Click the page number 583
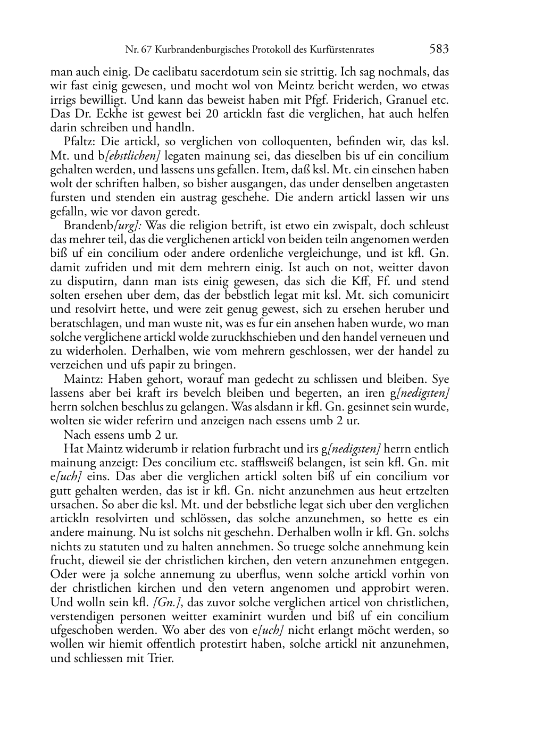coord(439,49)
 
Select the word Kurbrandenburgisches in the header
coord(194,50)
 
